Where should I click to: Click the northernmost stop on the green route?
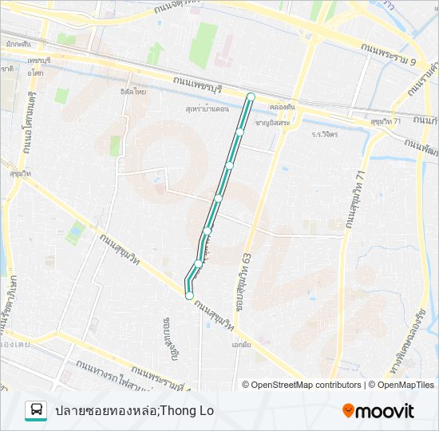[251, 97]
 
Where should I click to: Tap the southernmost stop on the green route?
[189, 296]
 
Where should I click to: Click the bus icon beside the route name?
[36, 411]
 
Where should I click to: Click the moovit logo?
[378, 411]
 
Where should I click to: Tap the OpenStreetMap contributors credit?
[306, 385]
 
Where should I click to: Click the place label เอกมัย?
[242, 346]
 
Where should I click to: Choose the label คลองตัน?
[283, 106]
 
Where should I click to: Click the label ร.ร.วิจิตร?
[325, 134]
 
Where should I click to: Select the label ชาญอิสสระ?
[271, 123]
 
